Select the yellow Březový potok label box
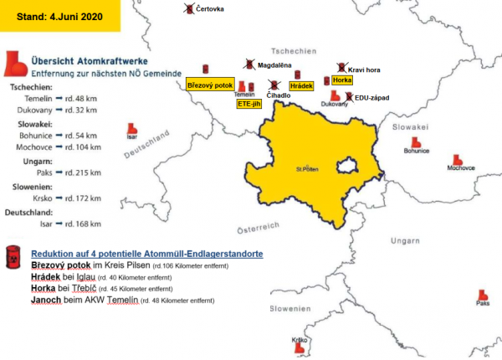point(208,85)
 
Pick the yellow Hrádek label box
point(301,86)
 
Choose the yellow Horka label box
point(341,80)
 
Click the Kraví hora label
point(366,69)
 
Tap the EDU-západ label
point(371,98)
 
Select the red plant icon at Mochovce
point(456,158)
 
